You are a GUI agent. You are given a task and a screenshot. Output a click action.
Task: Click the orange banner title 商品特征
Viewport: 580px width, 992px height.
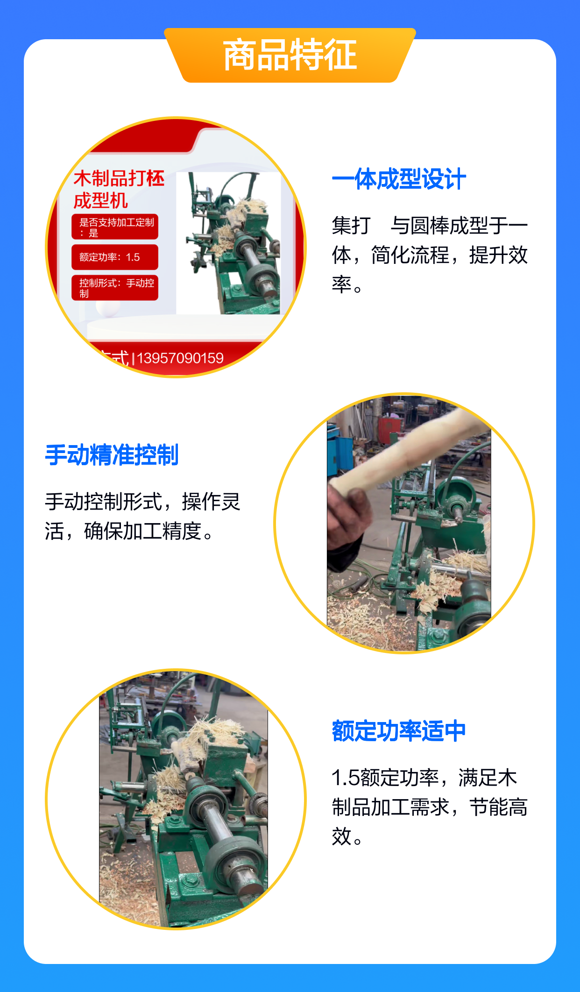point(290,55)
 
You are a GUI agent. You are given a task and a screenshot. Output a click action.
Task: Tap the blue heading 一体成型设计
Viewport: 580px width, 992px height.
point(399,179)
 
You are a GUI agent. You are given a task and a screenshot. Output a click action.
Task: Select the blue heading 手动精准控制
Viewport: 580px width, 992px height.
point(112,455)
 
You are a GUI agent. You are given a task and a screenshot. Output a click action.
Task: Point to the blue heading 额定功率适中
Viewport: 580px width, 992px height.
point(399,731)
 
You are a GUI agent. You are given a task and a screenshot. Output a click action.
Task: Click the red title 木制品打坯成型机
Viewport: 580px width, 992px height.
point(119,190)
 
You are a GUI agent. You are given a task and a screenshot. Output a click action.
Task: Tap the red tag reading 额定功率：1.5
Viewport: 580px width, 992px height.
point(115,257)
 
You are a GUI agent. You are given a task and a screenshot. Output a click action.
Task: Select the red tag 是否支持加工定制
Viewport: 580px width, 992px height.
point(115,227)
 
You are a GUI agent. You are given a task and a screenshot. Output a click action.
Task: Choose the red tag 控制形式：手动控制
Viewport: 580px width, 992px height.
point(115,288)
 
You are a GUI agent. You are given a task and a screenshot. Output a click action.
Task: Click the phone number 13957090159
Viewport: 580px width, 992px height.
point(180,358)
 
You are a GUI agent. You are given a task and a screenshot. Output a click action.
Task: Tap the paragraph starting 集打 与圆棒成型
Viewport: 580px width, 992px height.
point(430,255)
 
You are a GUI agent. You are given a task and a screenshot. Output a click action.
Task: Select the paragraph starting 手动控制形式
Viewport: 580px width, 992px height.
point(143,517)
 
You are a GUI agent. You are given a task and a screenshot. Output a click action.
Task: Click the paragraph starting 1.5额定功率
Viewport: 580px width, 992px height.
point(430,807)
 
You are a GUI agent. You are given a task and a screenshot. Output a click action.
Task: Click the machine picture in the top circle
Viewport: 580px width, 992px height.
point(229,243)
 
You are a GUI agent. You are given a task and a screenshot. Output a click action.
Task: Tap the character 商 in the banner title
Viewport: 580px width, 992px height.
point(240,55)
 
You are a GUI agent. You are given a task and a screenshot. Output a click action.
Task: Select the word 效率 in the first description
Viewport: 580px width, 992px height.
point(509,255)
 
